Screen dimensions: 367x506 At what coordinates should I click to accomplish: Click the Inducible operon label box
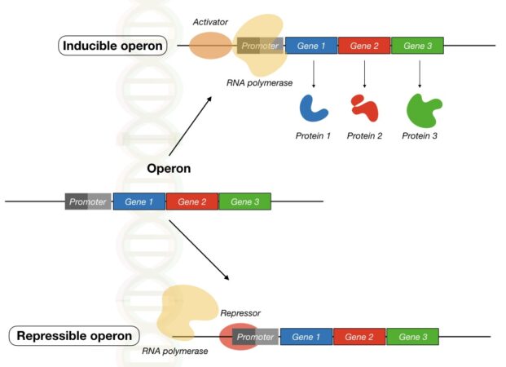[x=113, y=46]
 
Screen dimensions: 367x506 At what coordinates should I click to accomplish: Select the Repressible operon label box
[x=74, y=335]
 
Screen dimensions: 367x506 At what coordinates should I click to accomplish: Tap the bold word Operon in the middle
[x=169, y=169]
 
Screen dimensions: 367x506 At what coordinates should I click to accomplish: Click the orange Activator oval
[x=211, y=46]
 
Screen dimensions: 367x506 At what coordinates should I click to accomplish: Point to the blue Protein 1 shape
[x=313, y=108]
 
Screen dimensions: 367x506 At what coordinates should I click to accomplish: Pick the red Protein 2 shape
[x=363, y=108]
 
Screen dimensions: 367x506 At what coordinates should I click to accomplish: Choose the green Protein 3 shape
[x=423, y=108]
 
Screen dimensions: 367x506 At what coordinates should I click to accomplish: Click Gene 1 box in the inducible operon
[x=311, y=46]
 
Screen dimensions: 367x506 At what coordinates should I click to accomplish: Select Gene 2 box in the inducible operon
[x=364, y=46]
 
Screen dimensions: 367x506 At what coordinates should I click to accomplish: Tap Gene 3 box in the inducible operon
[x=417, y=46]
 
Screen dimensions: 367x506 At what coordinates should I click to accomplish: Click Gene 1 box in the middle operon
[x=139, y=201]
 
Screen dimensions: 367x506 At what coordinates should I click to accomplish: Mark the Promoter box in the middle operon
[x=88, y=201]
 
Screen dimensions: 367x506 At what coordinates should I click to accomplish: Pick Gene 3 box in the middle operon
[x=245, y=201]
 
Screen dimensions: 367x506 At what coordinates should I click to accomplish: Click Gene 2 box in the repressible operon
[x=359, y=336]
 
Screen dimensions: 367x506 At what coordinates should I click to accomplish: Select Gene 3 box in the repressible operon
[x=411, y=336]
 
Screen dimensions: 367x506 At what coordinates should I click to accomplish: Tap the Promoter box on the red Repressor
[x=256, y=336]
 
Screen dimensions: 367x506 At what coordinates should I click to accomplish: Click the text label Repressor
[x=240, y=312]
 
